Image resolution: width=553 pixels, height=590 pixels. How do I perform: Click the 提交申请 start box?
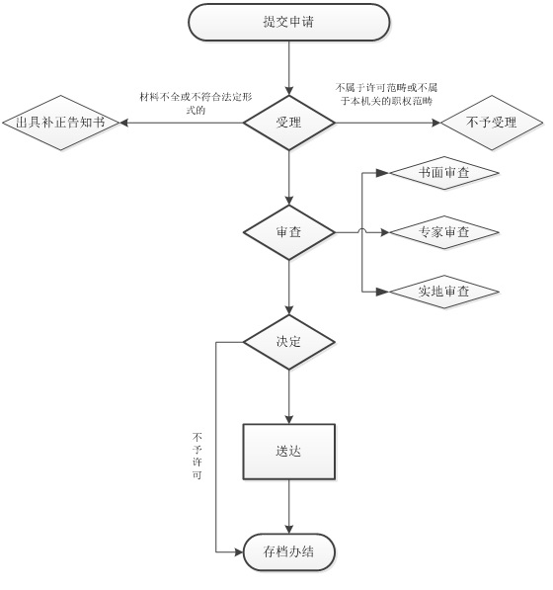click(288, 22)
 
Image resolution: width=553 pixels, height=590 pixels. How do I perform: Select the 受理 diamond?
click(288, 123)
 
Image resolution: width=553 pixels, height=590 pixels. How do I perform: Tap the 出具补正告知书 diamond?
click(60, 123)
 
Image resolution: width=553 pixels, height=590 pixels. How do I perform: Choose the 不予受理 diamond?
click(492, 123)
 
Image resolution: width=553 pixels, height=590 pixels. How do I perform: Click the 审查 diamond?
click(288, 232)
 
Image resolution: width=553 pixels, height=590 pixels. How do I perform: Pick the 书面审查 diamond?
click(444, 173)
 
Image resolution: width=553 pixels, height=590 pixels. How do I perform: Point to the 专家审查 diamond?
click(444, 232)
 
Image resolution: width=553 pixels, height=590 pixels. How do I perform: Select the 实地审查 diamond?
click(444, 292)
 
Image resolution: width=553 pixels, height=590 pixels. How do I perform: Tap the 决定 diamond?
click(288, 342)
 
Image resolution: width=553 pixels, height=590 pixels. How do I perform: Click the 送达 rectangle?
click(288, 452)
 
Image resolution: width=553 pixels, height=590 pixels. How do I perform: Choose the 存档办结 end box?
click(288, 552)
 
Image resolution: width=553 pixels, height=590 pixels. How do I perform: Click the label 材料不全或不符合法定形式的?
click(196, 104)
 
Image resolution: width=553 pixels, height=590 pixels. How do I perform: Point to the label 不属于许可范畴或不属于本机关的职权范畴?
click(386, 95)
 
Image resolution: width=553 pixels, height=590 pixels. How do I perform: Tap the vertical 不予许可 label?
click(197, 456)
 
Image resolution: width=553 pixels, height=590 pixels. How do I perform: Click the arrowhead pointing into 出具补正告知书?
click(123, 123)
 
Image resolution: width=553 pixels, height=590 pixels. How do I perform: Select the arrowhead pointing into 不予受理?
click(435, 123)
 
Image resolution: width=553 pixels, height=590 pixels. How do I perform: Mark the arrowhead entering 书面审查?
click(382, 173)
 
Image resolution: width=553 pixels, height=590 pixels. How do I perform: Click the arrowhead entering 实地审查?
click(382, 292)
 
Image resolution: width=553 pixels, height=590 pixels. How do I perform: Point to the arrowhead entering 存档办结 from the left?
click(239, 552)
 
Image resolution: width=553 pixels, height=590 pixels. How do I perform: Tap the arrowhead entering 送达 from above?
click(288, 420)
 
